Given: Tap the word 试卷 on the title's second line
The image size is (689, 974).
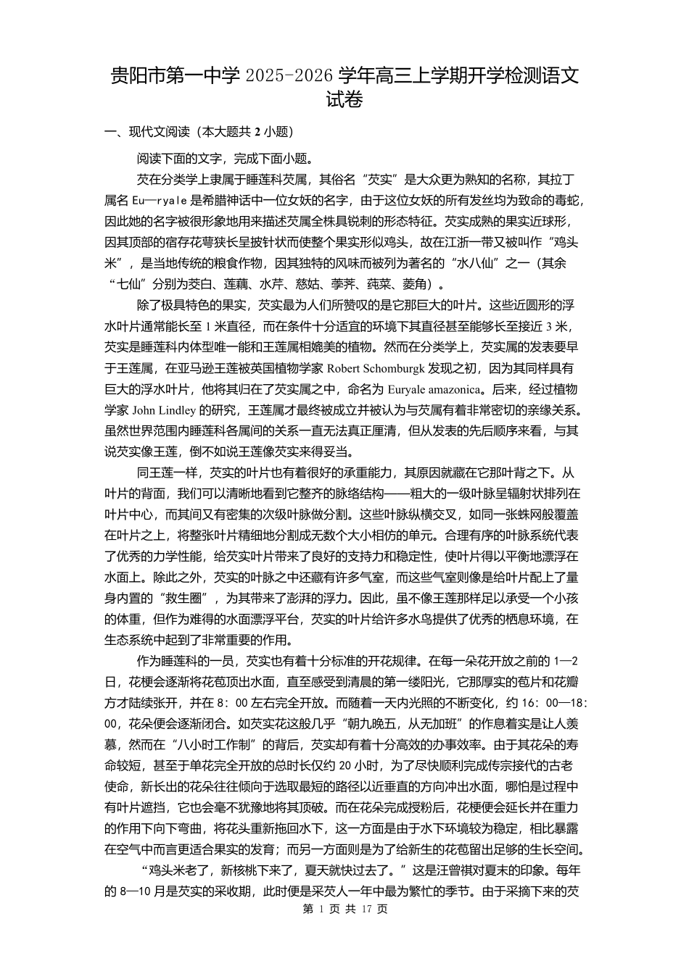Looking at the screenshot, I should [344, 101].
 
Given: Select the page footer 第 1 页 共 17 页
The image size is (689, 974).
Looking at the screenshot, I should [344, 909].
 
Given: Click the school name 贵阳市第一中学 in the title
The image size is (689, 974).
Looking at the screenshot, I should [174, 76].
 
